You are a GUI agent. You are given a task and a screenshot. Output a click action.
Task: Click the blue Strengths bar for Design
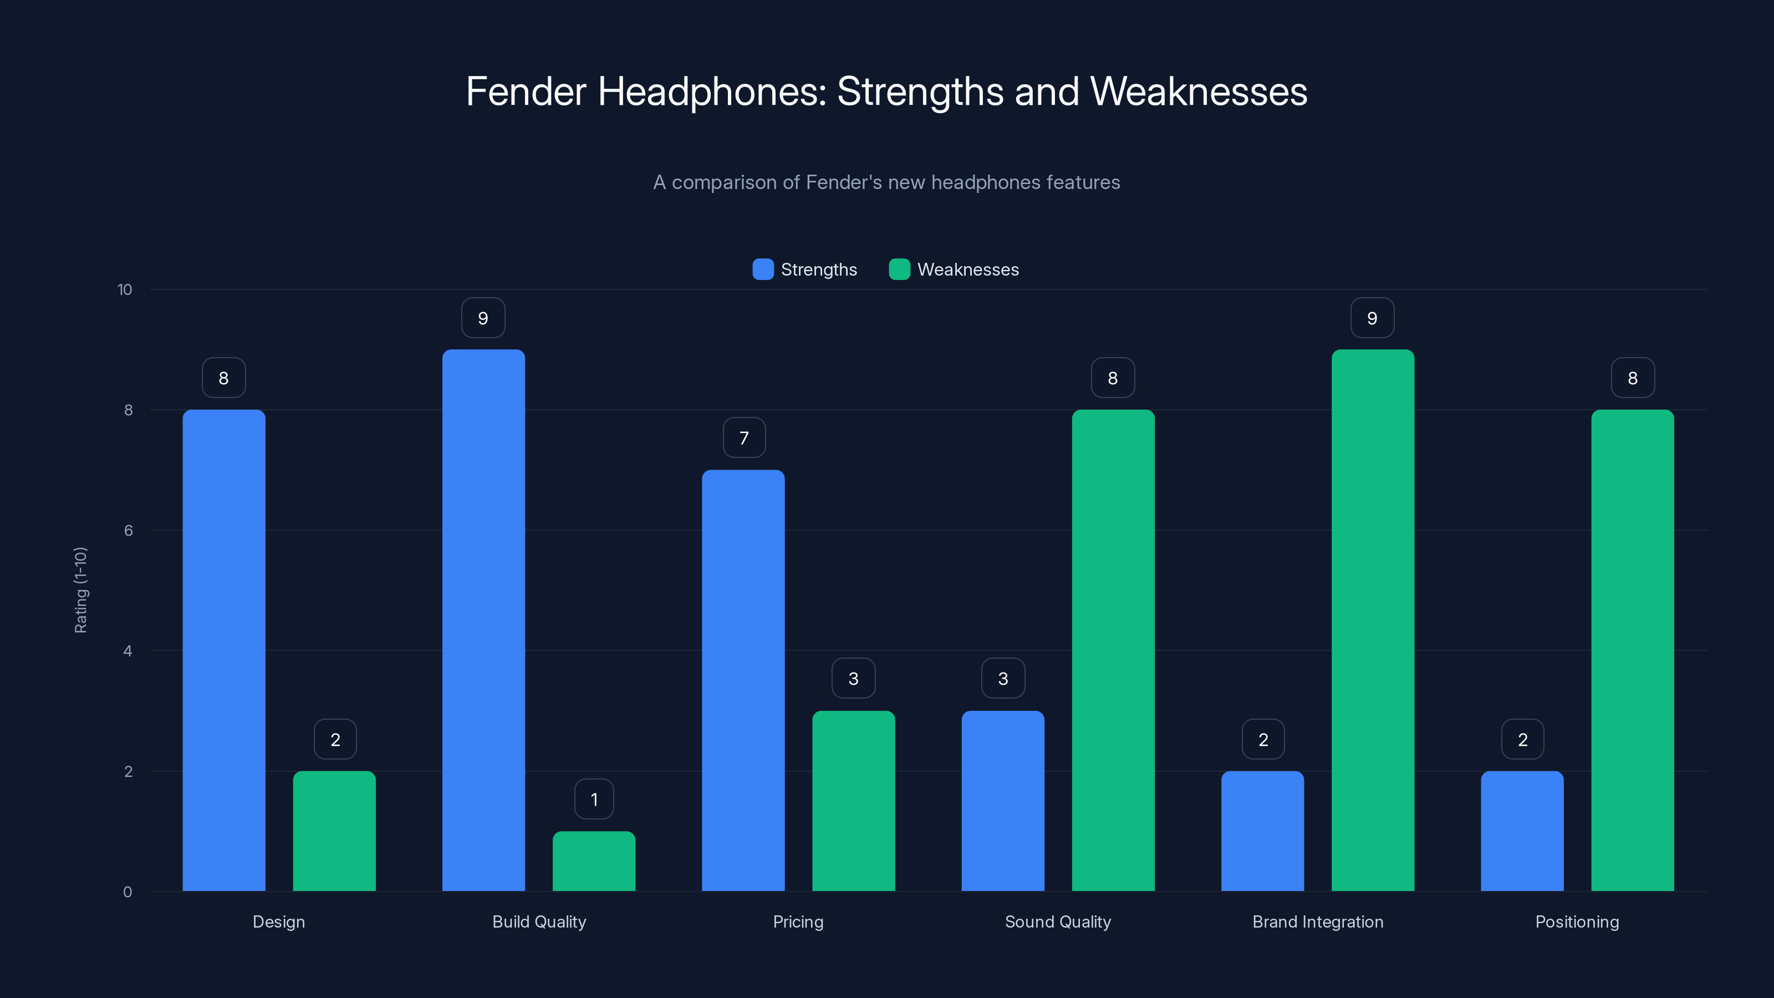224,650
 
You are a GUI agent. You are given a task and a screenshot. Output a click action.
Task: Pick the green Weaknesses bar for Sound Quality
1113,650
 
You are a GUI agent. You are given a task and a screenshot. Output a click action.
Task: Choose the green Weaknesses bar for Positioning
1632,650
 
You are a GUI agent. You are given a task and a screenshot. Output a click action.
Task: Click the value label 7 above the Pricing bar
744,437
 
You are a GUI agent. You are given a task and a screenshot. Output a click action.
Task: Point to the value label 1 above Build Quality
594,799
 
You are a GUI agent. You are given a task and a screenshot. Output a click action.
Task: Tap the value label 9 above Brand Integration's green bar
1372,318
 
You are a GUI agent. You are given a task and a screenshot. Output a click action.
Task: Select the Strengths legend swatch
763,269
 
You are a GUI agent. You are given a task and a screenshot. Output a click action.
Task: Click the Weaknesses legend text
967,269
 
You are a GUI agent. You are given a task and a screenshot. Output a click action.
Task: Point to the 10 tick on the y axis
125,289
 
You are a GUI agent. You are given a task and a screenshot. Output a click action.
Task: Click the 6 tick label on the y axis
128,531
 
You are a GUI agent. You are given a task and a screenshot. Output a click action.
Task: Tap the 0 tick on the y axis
128,892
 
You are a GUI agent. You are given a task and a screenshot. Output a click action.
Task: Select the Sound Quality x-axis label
1058,921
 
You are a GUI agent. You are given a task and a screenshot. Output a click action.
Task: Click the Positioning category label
1577,921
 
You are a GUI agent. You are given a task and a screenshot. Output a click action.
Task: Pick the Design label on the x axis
278,921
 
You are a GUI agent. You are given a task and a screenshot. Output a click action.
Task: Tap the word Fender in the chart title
526,91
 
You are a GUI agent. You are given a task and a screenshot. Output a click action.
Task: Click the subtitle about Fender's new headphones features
886,182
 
